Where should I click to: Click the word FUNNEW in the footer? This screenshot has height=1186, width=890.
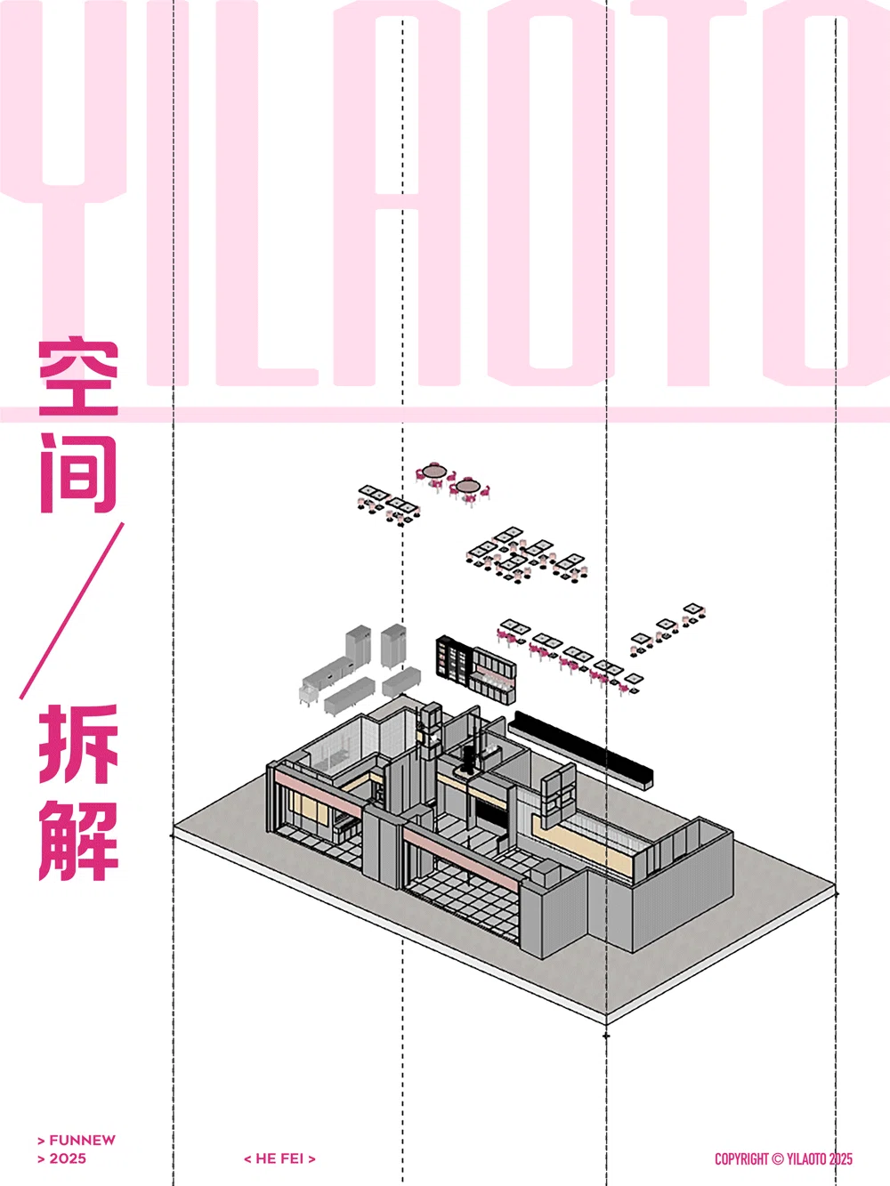tap(82, 1140)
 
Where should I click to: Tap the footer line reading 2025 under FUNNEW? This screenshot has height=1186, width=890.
tap(68, 1158)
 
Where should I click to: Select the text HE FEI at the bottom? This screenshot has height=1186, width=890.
tap(279, 1158)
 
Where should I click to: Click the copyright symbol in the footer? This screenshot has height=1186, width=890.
tap(777, 1159)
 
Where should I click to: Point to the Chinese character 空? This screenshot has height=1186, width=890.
tap(78, 377)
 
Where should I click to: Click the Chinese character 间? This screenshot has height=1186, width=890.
tap(78, 473)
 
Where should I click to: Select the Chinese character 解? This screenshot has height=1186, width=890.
tap(78, 840)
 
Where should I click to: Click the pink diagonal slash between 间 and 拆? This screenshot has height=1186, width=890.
tap(72, 610)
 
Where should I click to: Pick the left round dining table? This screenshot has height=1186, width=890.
tap(434, 471)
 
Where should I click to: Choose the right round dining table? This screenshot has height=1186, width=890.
tap(468, 486)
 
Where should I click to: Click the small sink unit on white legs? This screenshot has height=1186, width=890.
tap(311, 689)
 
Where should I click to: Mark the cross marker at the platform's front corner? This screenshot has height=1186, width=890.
tap(607, 1036)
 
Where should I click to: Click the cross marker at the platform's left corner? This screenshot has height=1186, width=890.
tap(173, 835)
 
